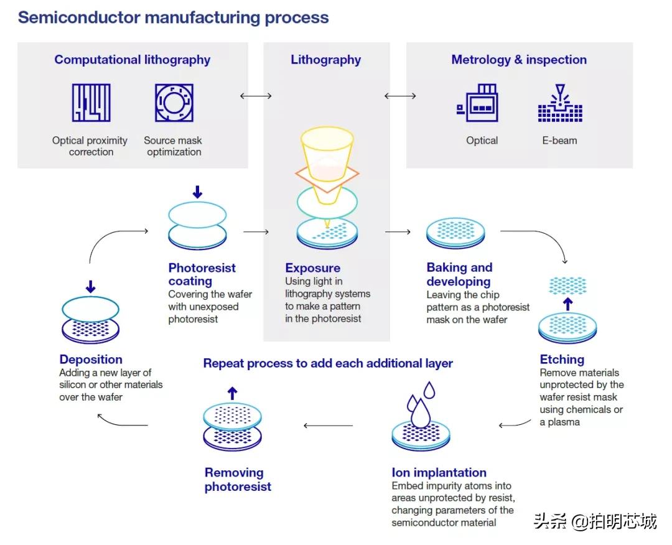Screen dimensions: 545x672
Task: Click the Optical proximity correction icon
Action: tap(91, 103)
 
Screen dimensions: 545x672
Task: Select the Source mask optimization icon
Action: tap(174, 103)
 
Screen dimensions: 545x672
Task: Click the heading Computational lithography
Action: tap(132, 60)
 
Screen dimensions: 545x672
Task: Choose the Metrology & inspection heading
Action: tap(519, 60)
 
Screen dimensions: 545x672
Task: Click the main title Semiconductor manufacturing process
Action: tap(173, 17)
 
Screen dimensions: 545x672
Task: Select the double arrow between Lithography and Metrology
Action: tap(400, 96)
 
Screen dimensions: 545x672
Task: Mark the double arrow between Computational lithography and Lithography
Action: tap(256, 96)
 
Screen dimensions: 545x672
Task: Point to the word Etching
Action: tap(562, 360)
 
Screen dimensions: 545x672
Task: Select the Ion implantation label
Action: tap(439, 473)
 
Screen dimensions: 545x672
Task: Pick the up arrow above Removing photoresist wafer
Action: tap(232, 393)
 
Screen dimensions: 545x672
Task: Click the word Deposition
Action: tap(91, 360)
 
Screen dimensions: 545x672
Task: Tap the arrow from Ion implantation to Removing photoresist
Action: tap(328, 426)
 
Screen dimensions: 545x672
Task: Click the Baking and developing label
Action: tap(459, 274)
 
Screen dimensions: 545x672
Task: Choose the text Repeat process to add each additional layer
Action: tap(328, 363)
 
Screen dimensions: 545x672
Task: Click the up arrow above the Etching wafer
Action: tap(567, 304)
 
